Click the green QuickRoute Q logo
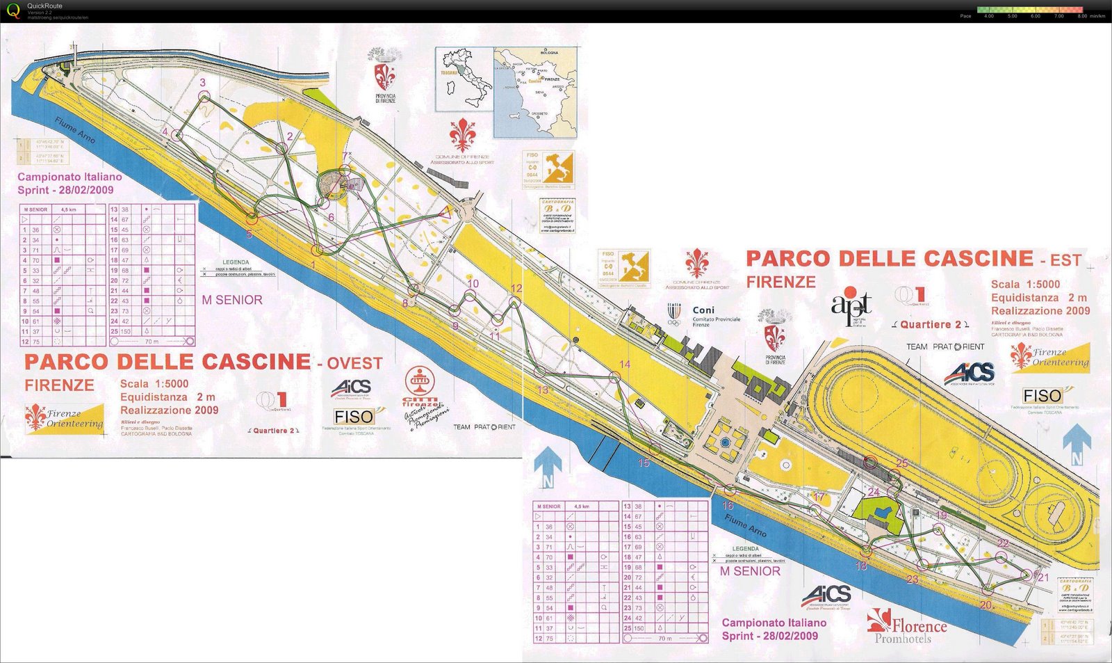tap(13, 10)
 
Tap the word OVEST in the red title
tap(354, 363)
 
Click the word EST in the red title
tap(1065, 261)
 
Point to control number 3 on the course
tap(203, 83)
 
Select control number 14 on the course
tap(625, 365)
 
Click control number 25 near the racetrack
tap(901, 463)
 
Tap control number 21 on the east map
tap(1043, 577)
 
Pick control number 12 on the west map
tap(516, 289)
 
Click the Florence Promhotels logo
tap(907, 626)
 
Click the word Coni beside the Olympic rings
tap(703, 310)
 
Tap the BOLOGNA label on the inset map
tap(549, 53)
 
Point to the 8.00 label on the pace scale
tap(1081, 16)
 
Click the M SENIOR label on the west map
tap(232, 300)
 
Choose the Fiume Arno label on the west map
tap(75, 130)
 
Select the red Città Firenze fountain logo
tap(420, 385)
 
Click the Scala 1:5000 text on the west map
tap(154, 383)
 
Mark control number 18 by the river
tap(861, 566)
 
